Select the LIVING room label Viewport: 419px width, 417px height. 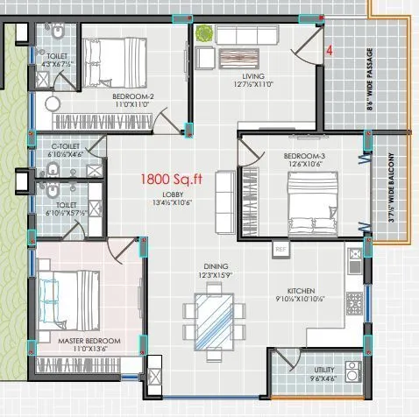249,77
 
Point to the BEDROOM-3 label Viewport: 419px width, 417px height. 304,155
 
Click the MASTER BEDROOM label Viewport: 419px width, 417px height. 88,339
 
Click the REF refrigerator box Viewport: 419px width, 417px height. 281,250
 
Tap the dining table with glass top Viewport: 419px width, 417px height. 214,311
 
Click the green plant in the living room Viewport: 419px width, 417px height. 204,34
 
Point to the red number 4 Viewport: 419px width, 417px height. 330,52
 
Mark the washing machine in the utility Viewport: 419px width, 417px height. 353,370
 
